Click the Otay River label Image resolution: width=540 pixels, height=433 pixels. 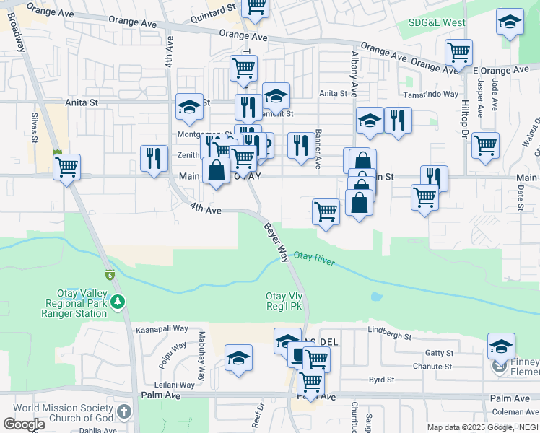tap(314, 260)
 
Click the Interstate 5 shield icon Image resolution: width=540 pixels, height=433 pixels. tap(110, 274)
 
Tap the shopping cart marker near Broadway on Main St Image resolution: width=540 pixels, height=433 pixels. tap(66, 167)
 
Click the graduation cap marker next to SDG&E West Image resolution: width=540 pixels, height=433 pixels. tap(510, 22)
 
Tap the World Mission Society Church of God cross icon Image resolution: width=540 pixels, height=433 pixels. tap(124, 412)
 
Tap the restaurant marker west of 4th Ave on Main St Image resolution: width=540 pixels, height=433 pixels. tap(153, 158)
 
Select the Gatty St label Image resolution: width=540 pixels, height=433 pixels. tap(439, 353)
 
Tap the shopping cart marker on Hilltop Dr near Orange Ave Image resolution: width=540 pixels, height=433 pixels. tap(458, 52)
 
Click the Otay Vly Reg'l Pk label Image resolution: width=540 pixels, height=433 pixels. tap(283, 302)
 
